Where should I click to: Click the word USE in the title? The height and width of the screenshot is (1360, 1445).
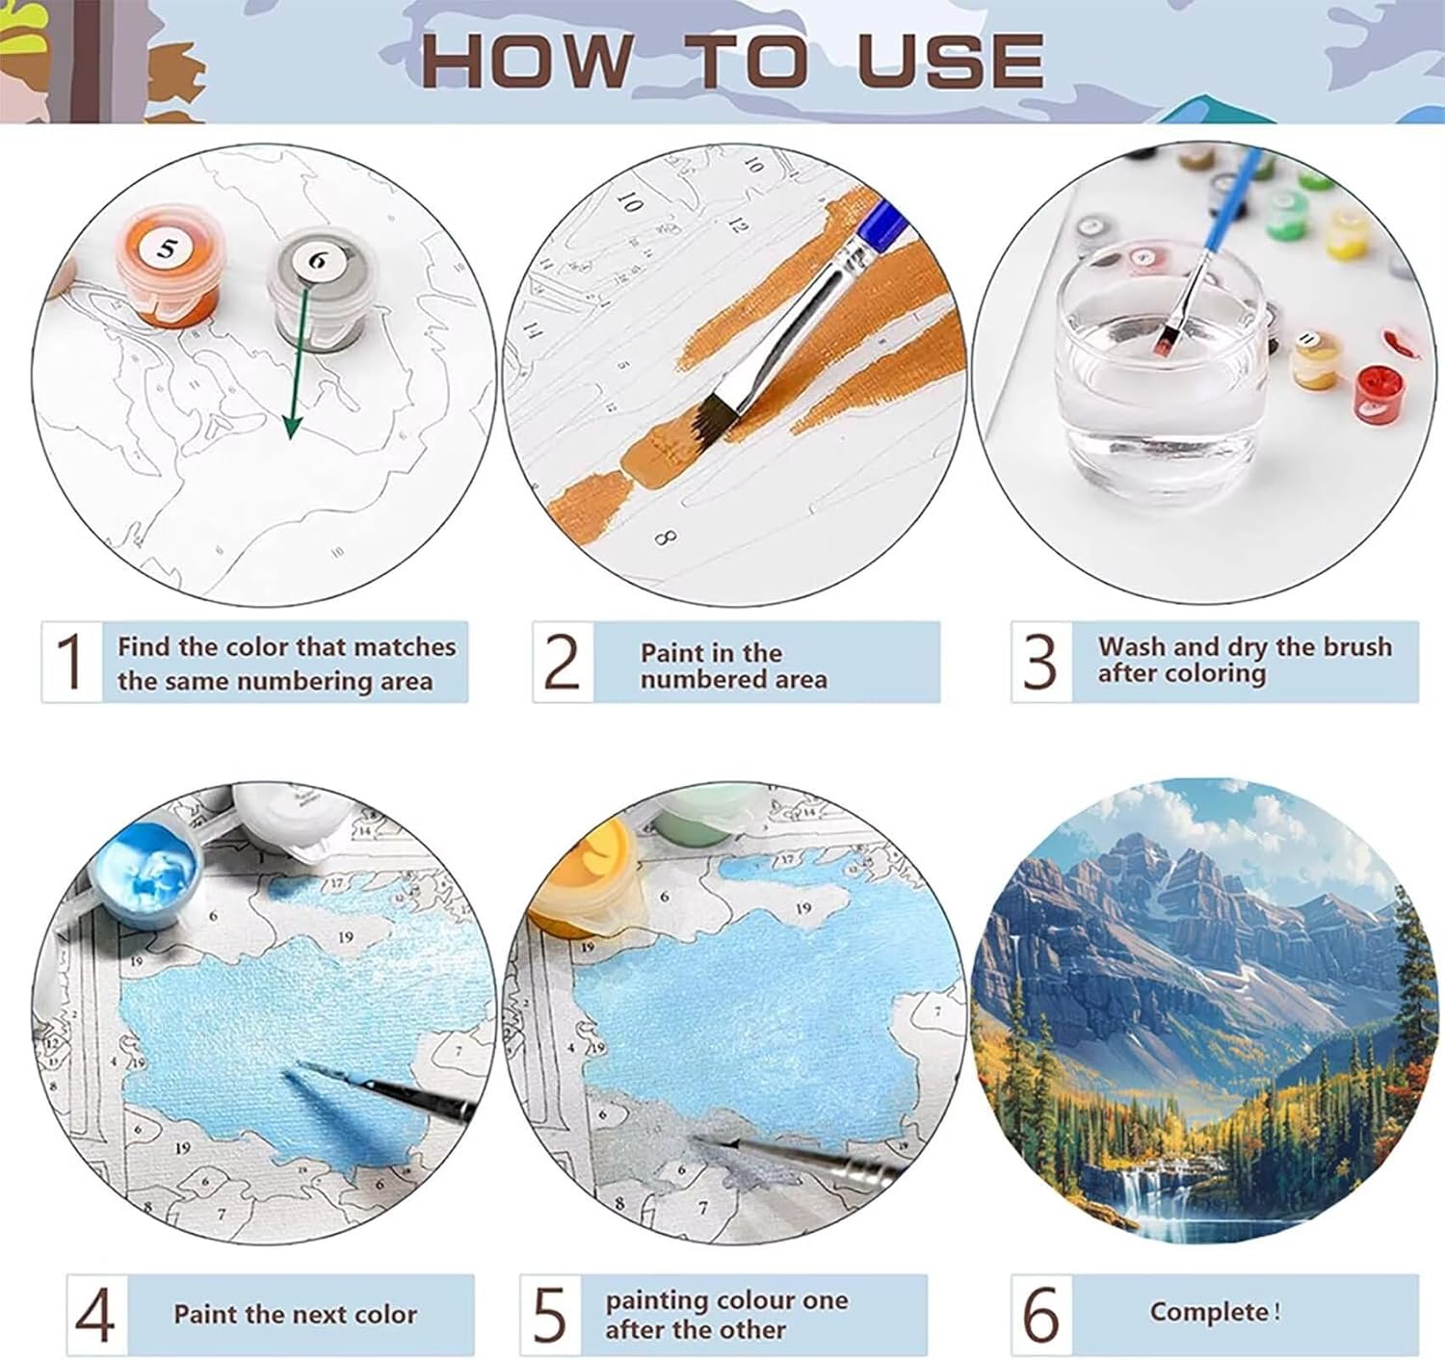pos(950,61)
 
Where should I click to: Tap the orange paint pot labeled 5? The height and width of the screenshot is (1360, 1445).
pos(168,265)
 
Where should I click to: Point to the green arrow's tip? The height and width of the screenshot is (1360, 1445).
pos(291,439)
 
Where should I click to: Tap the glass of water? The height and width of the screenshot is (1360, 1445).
pos(1160,378)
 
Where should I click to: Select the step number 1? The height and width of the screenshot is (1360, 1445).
pos(71,662)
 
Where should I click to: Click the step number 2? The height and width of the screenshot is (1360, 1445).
pos(562,662)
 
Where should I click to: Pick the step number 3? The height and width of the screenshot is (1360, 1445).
pos(1039,662)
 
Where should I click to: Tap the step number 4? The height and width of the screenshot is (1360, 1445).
pos(95,1316)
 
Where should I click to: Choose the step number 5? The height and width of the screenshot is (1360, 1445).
pos(550,1316)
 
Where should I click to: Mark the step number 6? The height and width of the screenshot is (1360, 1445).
pos(1041,1316)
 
